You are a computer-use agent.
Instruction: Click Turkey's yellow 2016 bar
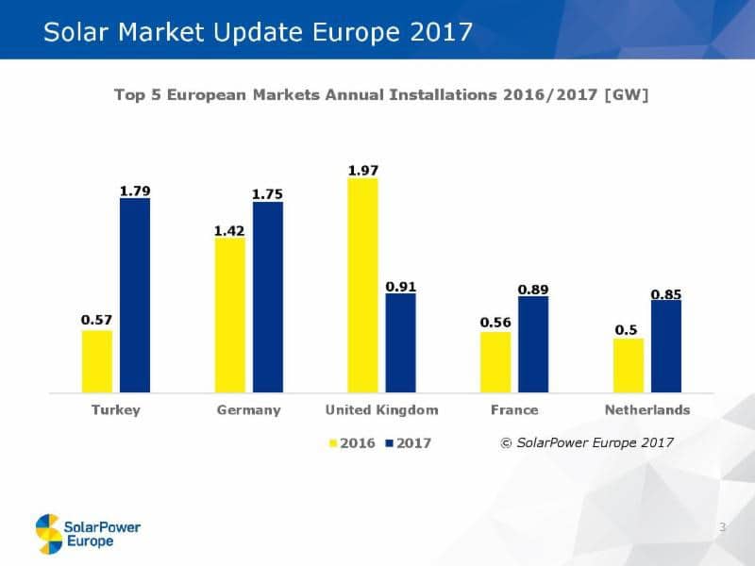pos(97,360)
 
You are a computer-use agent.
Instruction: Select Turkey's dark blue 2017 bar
pos(135,294)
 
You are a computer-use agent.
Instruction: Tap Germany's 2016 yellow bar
pos(230,314)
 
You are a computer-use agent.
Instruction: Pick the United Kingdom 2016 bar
pos(362,285)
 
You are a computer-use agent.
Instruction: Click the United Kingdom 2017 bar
pos(400,342)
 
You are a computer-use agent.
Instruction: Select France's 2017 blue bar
pos(533,344)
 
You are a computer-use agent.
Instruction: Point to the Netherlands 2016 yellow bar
pos(628,365)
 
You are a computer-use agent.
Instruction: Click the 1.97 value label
pos(363,170)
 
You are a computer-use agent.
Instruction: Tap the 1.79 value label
pos(135,191)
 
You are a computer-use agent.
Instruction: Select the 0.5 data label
pos(626,330)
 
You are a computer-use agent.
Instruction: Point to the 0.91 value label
pos(400,286)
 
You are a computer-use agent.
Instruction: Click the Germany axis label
pos(249,410)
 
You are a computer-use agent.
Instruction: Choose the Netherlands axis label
pos(646,410)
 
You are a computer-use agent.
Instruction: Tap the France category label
pos(514,410)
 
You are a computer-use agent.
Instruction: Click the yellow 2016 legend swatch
pos(333,442)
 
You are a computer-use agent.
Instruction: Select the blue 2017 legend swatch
pos(391,442)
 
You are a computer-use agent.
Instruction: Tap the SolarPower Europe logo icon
pos(48,533)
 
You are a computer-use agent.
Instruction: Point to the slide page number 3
pos(722,526)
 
